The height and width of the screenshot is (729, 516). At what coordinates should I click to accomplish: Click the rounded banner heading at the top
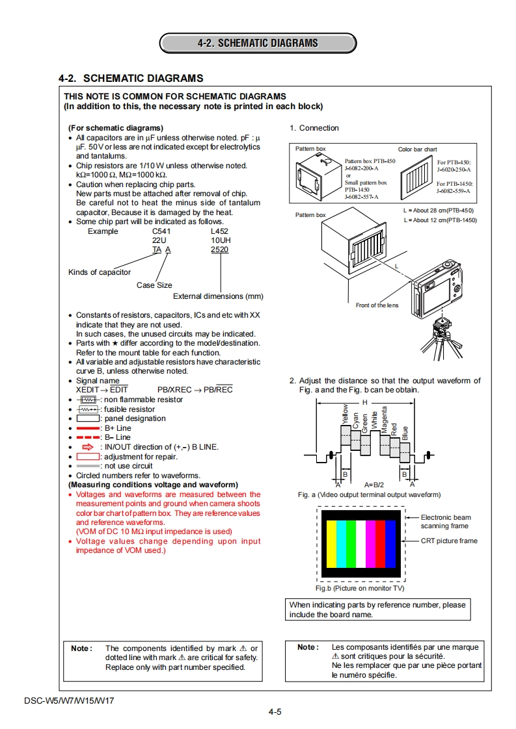[258, 44]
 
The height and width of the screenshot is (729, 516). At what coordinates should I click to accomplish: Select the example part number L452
[220, 231]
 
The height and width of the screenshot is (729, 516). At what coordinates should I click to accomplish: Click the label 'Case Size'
[154, 285]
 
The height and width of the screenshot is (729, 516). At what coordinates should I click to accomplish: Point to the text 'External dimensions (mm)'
[218, 296]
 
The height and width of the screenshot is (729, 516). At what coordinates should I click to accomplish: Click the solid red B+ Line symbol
[88, 429]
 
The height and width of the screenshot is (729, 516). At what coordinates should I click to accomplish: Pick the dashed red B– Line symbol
[88, 438]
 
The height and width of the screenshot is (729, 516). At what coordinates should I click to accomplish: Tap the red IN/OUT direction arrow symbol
[88, 447]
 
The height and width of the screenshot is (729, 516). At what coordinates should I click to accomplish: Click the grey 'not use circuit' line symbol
[88, 466]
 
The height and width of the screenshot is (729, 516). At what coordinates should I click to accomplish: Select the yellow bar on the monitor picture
[330, 543]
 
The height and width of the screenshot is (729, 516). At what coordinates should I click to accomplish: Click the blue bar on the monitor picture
[390, 543]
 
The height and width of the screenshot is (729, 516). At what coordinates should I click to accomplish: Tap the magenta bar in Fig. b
[370, 543]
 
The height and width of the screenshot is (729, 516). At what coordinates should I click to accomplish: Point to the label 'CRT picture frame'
[449, 541]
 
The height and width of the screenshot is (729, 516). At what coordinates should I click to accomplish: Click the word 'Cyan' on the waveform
[356, 420]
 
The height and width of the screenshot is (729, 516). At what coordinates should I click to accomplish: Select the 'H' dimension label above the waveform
[365, 402]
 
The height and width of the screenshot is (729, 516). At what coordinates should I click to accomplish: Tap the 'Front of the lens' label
[377, 305]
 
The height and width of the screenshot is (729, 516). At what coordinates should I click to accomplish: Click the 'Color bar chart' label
[417, 149]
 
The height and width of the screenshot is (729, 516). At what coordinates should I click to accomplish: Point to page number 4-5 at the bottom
[275, 712]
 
